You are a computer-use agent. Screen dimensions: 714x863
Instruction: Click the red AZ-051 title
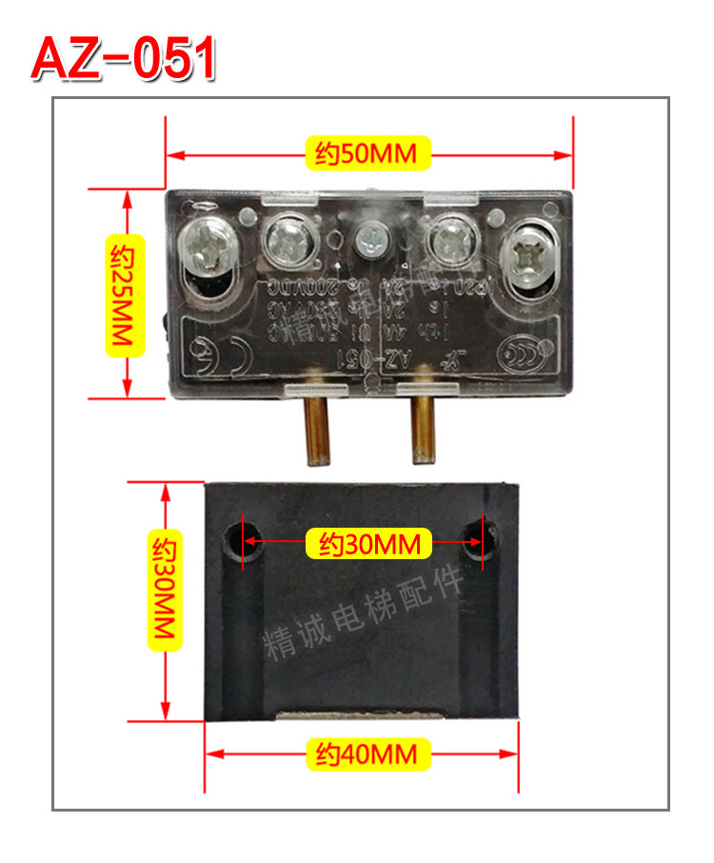[124, 59]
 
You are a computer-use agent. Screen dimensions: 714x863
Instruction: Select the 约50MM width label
[367, 153]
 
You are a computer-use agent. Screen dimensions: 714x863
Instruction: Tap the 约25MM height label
[125, 295]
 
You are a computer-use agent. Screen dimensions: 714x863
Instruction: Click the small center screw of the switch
[369, 239]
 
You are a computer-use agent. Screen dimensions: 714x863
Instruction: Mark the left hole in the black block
[233, 541]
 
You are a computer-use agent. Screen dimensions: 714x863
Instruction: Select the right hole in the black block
[475, 539]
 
